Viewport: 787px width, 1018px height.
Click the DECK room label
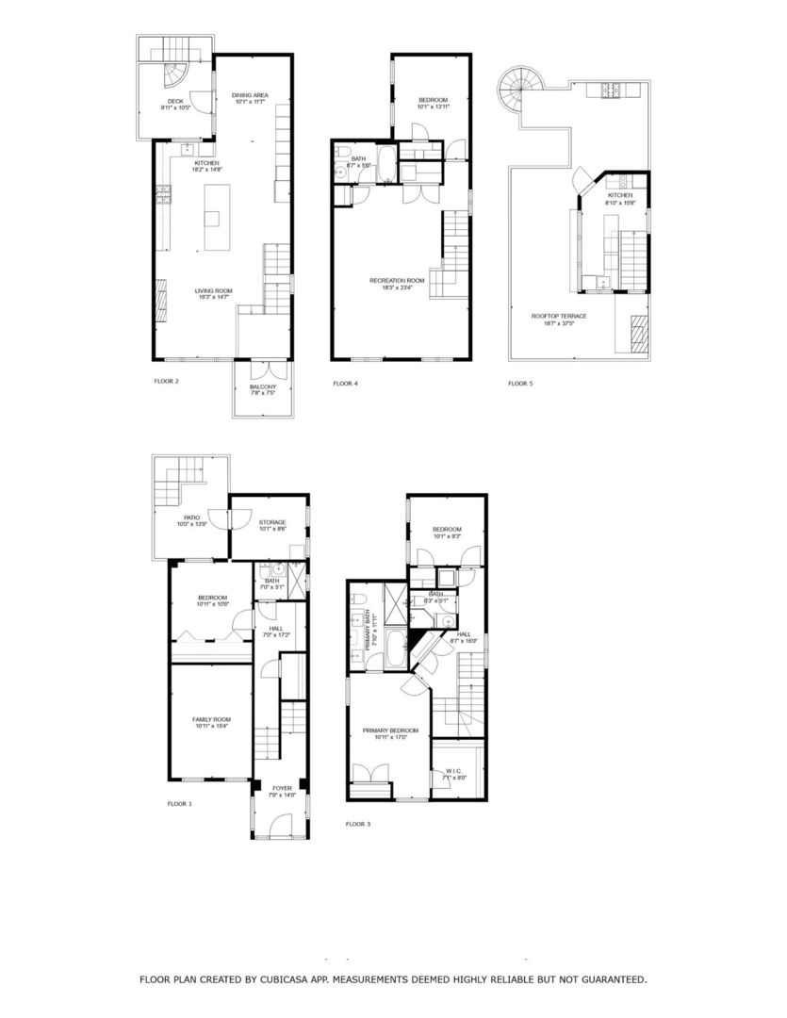(175, 101)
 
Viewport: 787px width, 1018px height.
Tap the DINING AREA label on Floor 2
(251, 94)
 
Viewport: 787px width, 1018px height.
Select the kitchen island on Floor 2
(212, 218)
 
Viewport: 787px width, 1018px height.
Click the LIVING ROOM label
(214, 290)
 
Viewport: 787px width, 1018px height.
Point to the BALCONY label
(263, 387)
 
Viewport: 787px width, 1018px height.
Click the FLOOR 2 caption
(166, 382)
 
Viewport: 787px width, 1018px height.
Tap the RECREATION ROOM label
(397, 280)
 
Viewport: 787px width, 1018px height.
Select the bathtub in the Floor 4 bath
(387, 157)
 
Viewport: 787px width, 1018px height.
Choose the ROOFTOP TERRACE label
(559, 316)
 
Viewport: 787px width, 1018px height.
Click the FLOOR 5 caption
(520, 384)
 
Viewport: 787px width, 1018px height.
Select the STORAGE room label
(273, 522)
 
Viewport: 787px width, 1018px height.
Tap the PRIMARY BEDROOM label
(390, 731)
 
